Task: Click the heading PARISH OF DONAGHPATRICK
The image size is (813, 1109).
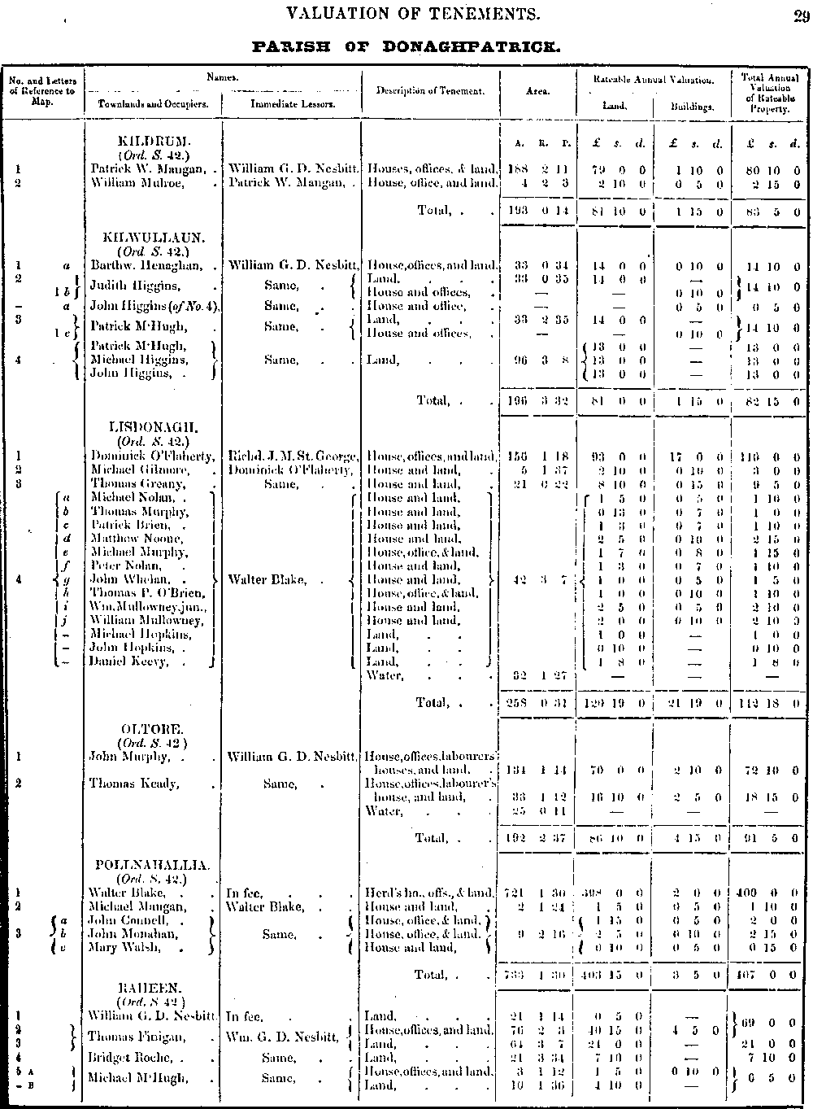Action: [x=406, y=46]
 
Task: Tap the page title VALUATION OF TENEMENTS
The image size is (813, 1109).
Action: [x=408, y=13]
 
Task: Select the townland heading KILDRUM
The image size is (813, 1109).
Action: [x=153, y=142]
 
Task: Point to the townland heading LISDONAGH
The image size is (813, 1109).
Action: [x=153, y=427]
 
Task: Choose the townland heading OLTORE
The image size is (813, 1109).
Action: [x=153, y=729]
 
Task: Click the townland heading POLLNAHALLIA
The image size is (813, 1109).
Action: [x=153, y=866]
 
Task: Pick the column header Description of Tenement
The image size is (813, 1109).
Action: [x=430, y=90]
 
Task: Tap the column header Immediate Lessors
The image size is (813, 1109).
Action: [x=293, y=104]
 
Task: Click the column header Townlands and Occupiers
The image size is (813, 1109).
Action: [x=153, y=104]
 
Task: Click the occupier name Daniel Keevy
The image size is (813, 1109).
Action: [x=129, y=661]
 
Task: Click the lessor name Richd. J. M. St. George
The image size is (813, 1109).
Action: [x=292, y=456]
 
